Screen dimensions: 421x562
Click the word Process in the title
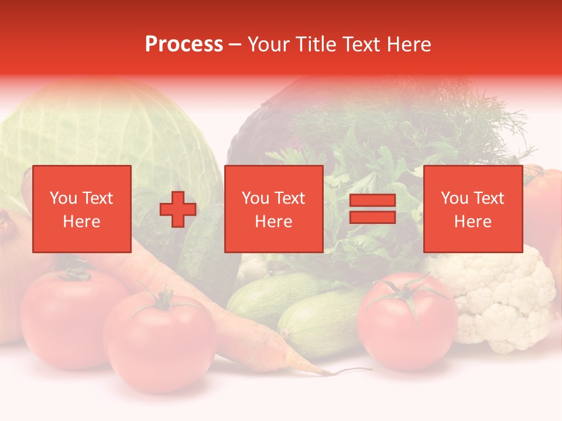coord(184,44)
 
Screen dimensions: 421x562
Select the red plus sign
coord(177,209)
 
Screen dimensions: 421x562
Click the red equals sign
coord(372,209)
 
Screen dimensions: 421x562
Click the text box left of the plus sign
coord(81,209)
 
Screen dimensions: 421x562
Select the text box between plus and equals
coord(273,209)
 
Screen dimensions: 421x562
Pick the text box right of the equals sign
coord(472,209)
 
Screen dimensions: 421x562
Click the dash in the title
coord(235,44)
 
